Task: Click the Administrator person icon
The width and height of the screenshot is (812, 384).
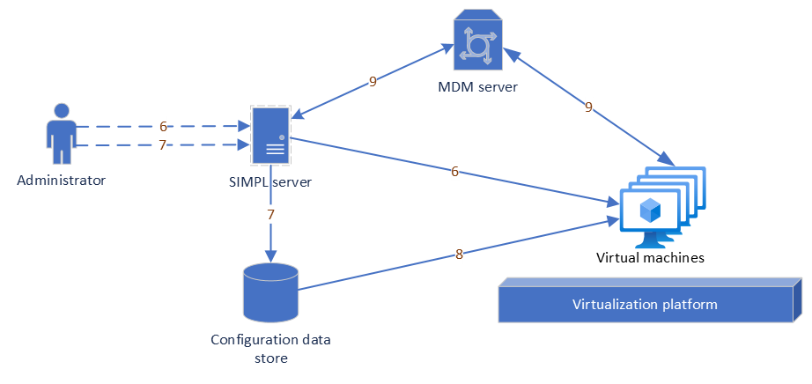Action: (x=61, y=135)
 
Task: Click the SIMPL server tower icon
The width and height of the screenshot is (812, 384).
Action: (x=270, y=136)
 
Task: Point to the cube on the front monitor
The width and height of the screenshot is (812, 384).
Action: (x=650, y=210)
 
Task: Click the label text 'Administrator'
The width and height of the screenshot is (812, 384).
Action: (x=61, y=181)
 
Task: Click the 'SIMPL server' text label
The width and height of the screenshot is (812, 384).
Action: (x=270, y=182)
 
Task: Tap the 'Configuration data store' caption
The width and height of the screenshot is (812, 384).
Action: (x=270, y=348)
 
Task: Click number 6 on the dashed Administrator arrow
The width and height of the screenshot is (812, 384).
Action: (x=163, y=126)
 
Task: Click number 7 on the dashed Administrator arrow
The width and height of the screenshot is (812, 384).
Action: (x=163, y=145)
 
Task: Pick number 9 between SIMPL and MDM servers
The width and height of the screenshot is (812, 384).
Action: (x=373, y=82)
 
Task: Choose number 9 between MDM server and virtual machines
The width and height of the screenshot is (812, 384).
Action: (x=588, y=107)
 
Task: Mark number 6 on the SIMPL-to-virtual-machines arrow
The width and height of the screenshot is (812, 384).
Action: (x=454, y=172)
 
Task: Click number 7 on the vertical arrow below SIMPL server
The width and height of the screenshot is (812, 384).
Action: (x=270, y=214)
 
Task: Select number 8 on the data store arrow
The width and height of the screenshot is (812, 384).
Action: (x=459, y=255)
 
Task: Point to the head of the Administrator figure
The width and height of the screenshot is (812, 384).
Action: (x=61, y=111)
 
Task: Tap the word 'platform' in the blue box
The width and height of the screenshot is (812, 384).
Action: (x=689, y=305)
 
